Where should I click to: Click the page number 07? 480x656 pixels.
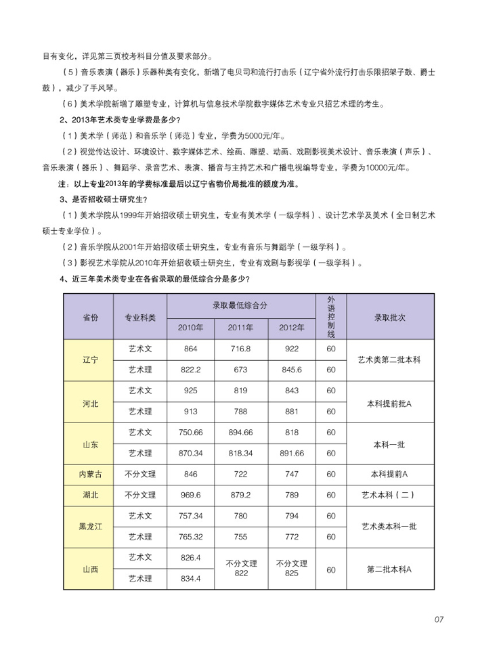439,618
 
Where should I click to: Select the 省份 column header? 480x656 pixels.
90,317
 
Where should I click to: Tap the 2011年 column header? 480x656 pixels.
240,328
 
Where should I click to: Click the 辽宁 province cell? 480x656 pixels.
90,359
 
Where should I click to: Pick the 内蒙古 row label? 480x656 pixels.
90,475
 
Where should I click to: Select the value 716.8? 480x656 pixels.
240,348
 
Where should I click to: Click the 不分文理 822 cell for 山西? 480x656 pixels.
240,569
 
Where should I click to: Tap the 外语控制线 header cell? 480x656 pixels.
331,317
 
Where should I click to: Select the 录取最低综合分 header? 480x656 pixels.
240,305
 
